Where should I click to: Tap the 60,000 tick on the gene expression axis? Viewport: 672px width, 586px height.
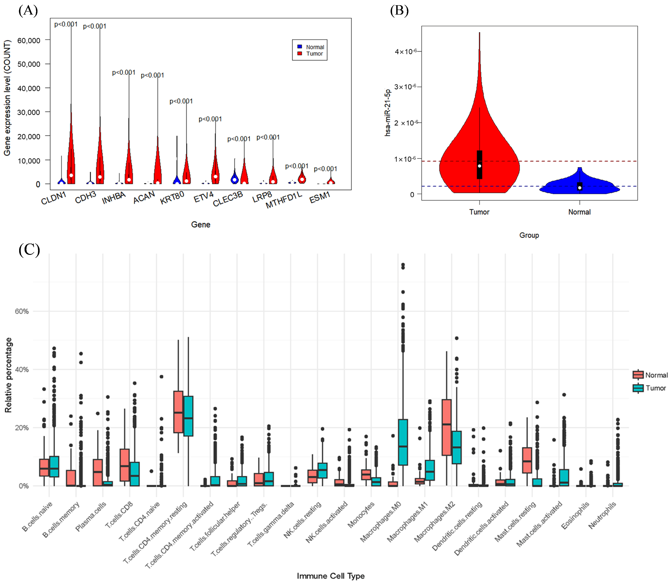click(x=29, y=40)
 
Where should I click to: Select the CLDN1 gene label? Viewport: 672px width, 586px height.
click(x=53, y=198)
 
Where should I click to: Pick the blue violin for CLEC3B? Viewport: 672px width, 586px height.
click(x=234, y=178)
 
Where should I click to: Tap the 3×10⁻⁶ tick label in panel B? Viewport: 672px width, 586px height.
click(x=405, y=87)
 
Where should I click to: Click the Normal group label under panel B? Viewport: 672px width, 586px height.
click(x=579, y=212)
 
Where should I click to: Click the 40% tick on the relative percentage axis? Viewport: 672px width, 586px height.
click(x=22, y=369)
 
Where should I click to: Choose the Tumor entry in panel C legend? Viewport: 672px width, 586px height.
click(x=655, y=388)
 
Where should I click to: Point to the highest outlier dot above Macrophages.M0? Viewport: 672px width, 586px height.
click(x=403, y=264)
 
